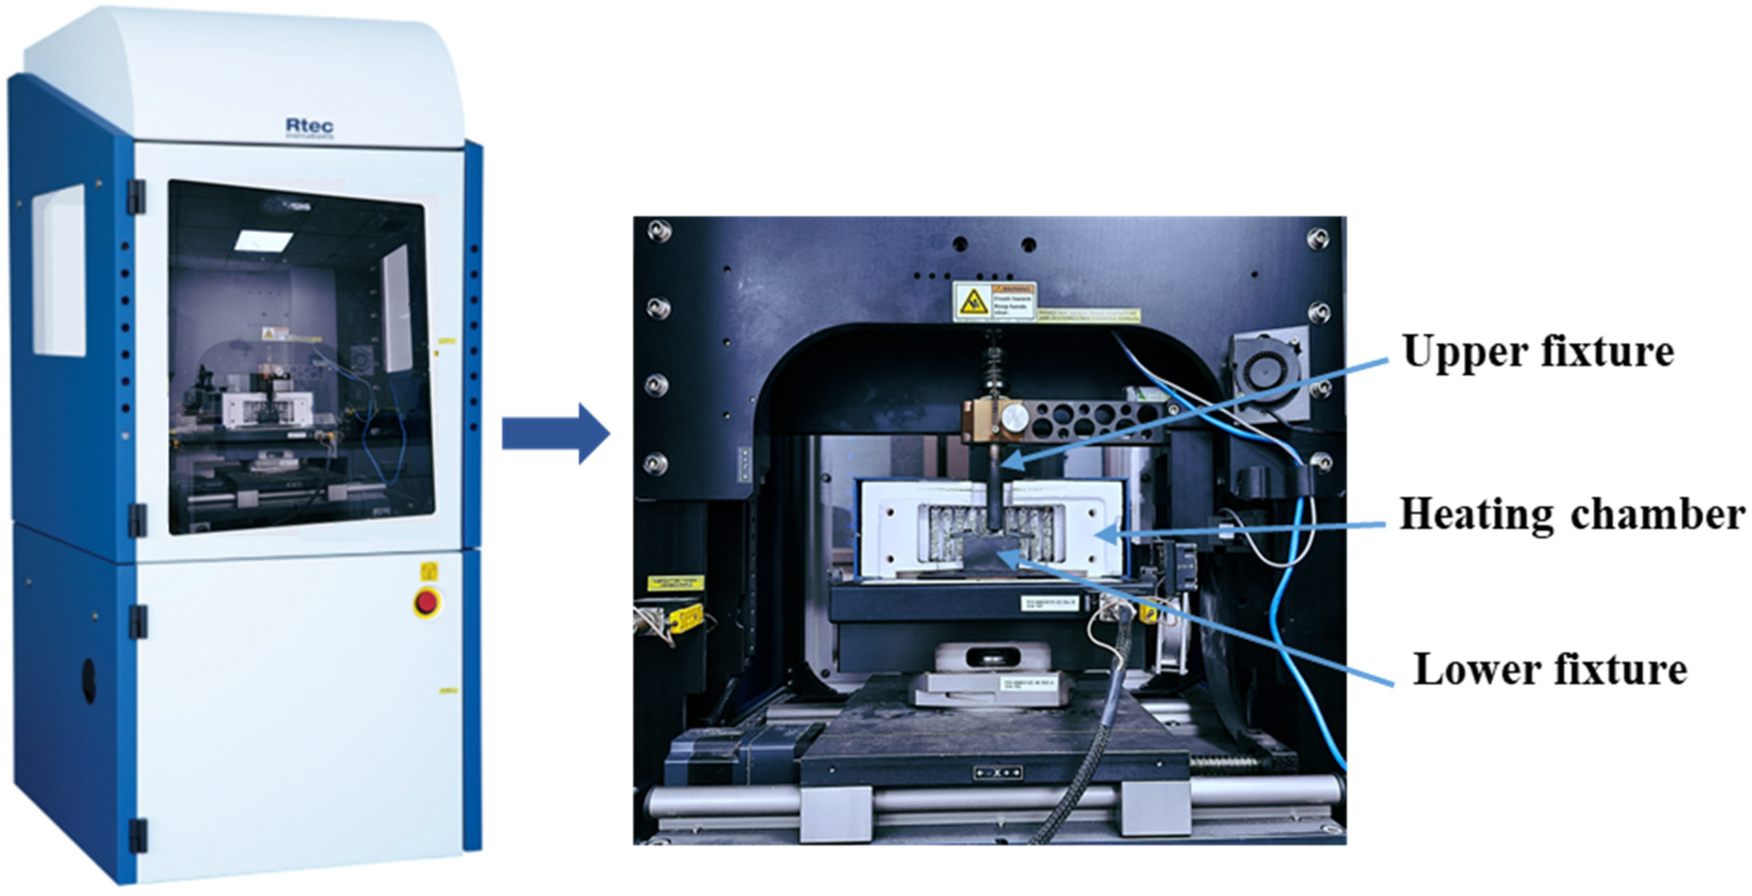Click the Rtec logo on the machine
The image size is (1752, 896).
point(310,126)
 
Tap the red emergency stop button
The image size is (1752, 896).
point(426,602)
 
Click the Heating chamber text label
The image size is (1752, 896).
point(1572,515)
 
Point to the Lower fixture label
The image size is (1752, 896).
point(1550,670)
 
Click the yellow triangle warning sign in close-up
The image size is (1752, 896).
point(973,301)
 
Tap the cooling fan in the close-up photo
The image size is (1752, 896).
point(1268,372)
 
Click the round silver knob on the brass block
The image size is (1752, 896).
point(1015,418)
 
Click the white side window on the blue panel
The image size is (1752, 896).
point(59,271)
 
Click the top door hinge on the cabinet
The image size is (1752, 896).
point(137,196)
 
